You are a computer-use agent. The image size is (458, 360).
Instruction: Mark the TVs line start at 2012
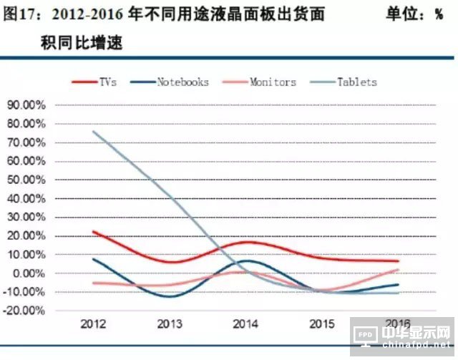click(94, 232)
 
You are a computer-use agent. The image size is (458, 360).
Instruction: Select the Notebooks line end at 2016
click(397, 285)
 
